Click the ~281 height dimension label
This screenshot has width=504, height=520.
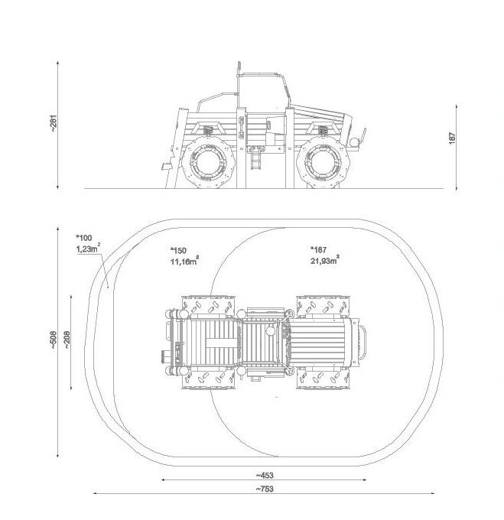pyautogui.click(x=54, y=124)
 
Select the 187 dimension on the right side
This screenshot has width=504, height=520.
pyautogui.click(x=452, y=138)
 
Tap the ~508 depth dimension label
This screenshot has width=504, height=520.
pyautogui.click(x=54, y=341)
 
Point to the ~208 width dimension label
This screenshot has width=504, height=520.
pyautogui.click(x=67, y=340)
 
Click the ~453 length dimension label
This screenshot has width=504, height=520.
pyautogui.click(x=265, y=475)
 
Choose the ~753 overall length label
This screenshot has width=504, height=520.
pyautogui.click(x=265, y=489)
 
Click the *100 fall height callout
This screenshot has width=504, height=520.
pyautogui.click(x=84, y=238)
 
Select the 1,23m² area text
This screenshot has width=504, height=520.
pyautogui.click(x=88, y=248)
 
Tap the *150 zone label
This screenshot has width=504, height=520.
pyautogui.click(x=178, y=250)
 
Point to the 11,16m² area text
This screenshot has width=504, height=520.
pyautogui.click(x=184, y=261)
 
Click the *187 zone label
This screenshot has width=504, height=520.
pyautogui.click(x=318, y=249)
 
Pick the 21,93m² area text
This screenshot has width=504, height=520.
pyautogui.click(x=325, y=260)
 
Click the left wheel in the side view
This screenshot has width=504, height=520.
pyautogui.click(x=209, y=163)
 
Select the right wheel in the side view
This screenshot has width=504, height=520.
pyautogui.click(x=323, y=163)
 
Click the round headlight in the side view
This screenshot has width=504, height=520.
pyautogui.click(x=354, y=142)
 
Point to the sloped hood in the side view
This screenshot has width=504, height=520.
pyautogui.click(x=318, y=112)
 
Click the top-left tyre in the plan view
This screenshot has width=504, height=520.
pyautogui.click(x=209, y=305)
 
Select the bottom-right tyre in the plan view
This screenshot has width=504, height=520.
pyautogui.click(x=324, y=378)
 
